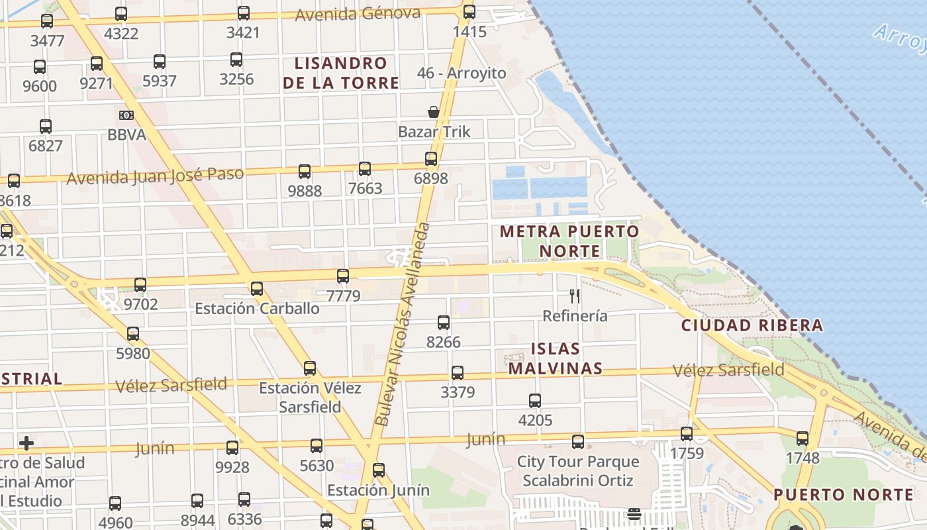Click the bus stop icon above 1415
coord(469,11)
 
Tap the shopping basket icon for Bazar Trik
coord(434,112)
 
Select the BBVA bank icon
coord(126,115)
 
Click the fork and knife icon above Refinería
coord(575,296)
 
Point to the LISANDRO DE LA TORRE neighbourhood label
coord(341,73)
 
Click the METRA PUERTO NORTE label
coord(569,241)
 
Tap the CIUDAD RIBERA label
coord(752,325)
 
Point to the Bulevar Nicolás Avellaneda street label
coord(402,325)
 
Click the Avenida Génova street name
coord(358,14)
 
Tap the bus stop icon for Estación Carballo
coord(257,289)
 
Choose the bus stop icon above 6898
coord(431,159)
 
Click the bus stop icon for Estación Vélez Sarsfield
coord(310,368)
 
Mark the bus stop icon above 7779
coord(343,276)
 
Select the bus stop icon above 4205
coord(535,401)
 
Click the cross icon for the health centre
coord(26,443)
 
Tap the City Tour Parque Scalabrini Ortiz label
coord(578,470)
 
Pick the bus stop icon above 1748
coord(803,438)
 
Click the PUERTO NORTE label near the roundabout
coord(844,495)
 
